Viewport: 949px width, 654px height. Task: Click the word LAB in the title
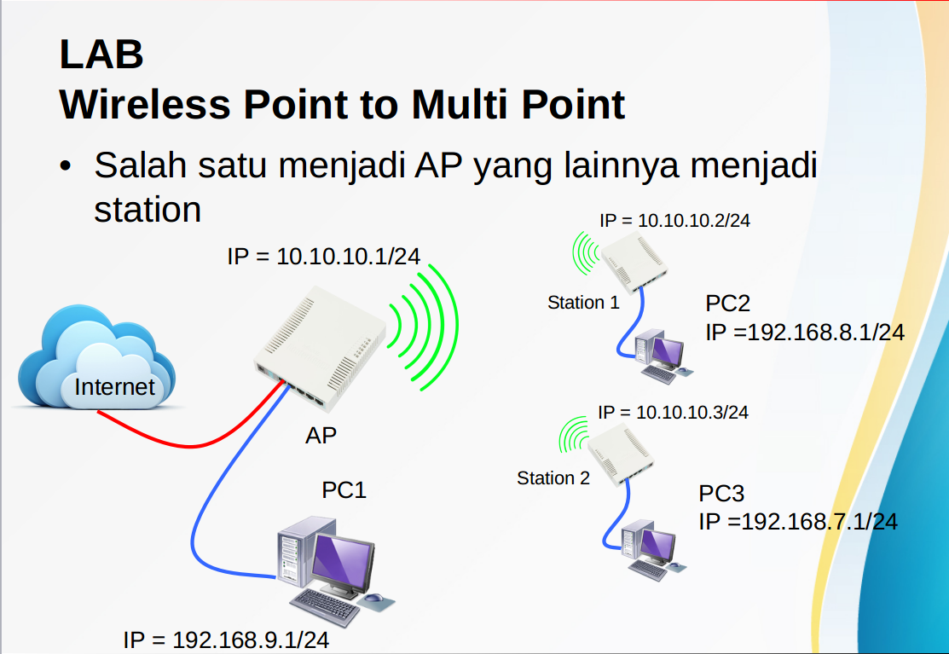(x=101, y=55)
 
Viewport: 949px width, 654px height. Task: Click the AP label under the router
(x=321, y=435)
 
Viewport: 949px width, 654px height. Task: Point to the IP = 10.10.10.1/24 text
(x=323, y=255)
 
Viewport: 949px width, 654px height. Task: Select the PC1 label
(x=344, y=490)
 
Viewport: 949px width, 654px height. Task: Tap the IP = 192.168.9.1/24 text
(x=226, y=640)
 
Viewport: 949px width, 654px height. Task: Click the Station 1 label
(x=583, y=303)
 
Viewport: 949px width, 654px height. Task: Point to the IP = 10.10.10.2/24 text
(x=674, y=221)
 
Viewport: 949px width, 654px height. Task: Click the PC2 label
(x=727, y=304)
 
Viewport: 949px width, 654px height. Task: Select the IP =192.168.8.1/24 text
(x=804, y=333)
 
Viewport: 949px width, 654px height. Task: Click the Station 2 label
(x=553, y=478)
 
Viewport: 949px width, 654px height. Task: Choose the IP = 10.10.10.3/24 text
(x=673, y=413)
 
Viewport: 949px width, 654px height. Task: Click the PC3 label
(x=721, y=494)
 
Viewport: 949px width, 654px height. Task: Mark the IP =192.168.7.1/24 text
(x=798, y=522)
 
